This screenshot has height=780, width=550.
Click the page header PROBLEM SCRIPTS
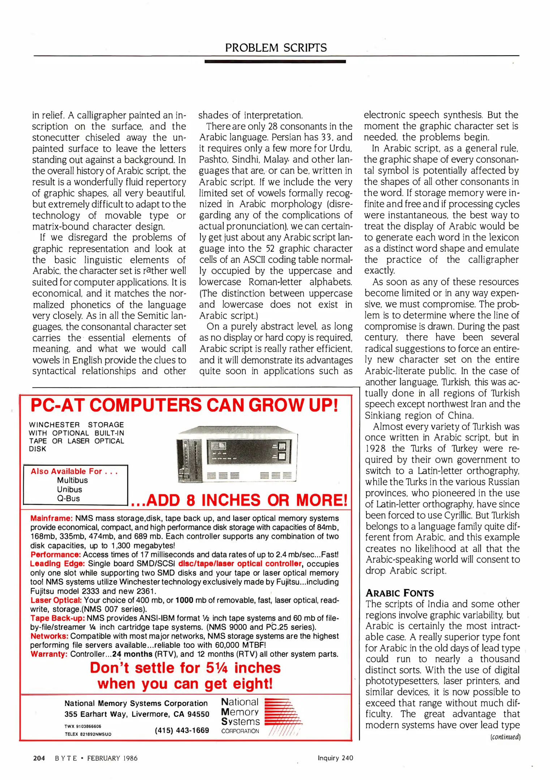coord(276,48)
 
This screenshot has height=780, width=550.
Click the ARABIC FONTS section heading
coord(399,593)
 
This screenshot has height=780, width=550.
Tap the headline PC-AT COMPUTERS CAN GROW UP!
coord(184,405)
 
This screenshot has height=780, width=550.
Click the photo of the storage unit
coord(237,454)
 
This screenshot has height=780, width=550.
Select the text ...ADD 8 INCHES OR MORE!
coord(239,500)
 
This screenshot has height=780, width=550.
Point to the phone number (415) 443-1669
coord(182,730)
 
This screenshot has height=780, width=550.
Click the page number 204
coord(39,758)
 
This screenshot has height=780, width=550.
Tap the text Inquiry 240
coord(335,758)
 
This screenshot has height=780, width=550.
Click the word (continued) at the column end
coord(505,737)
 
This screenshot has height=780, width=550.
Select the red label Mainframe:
coord(51,519)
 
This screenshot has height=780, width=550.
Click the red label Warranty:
coord(49,654)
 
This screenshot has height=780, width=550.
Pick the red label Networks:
coord(49,636)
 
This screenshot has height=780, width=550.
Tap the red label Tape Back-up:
coord(57,618)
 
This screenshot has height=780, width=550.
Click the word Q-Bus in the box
coord(68,498)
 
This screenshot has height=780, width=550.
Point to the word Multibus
coord(72,480)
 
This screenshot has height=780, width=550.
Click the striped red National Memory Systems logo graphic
coord(283,717)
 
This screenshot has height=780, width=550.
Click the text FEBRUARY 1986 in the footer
coord(112,758)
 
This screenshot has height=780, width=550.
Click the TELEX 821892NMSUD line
coord(88,734)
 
